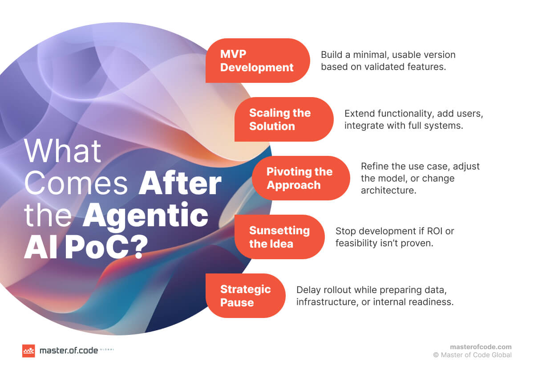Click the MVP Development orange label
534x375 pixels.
257,61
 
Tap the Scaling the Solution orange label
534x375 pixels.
283,119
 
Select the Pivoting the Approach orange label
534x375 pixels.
300,178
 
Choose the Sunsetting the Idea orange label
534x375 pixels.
279,237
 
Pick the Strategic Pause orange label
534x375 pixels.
245,296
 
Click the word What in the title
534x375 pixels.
63,151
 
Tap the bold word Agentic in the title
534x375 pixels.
146,216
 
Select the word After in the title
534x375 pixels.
180,183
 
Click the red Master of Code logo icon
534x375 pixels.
28,351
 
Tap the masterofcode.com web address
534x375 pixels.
481,347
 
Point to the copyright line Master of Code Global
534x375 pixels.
473,355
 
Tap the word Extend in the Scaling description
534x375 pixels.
357,114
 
